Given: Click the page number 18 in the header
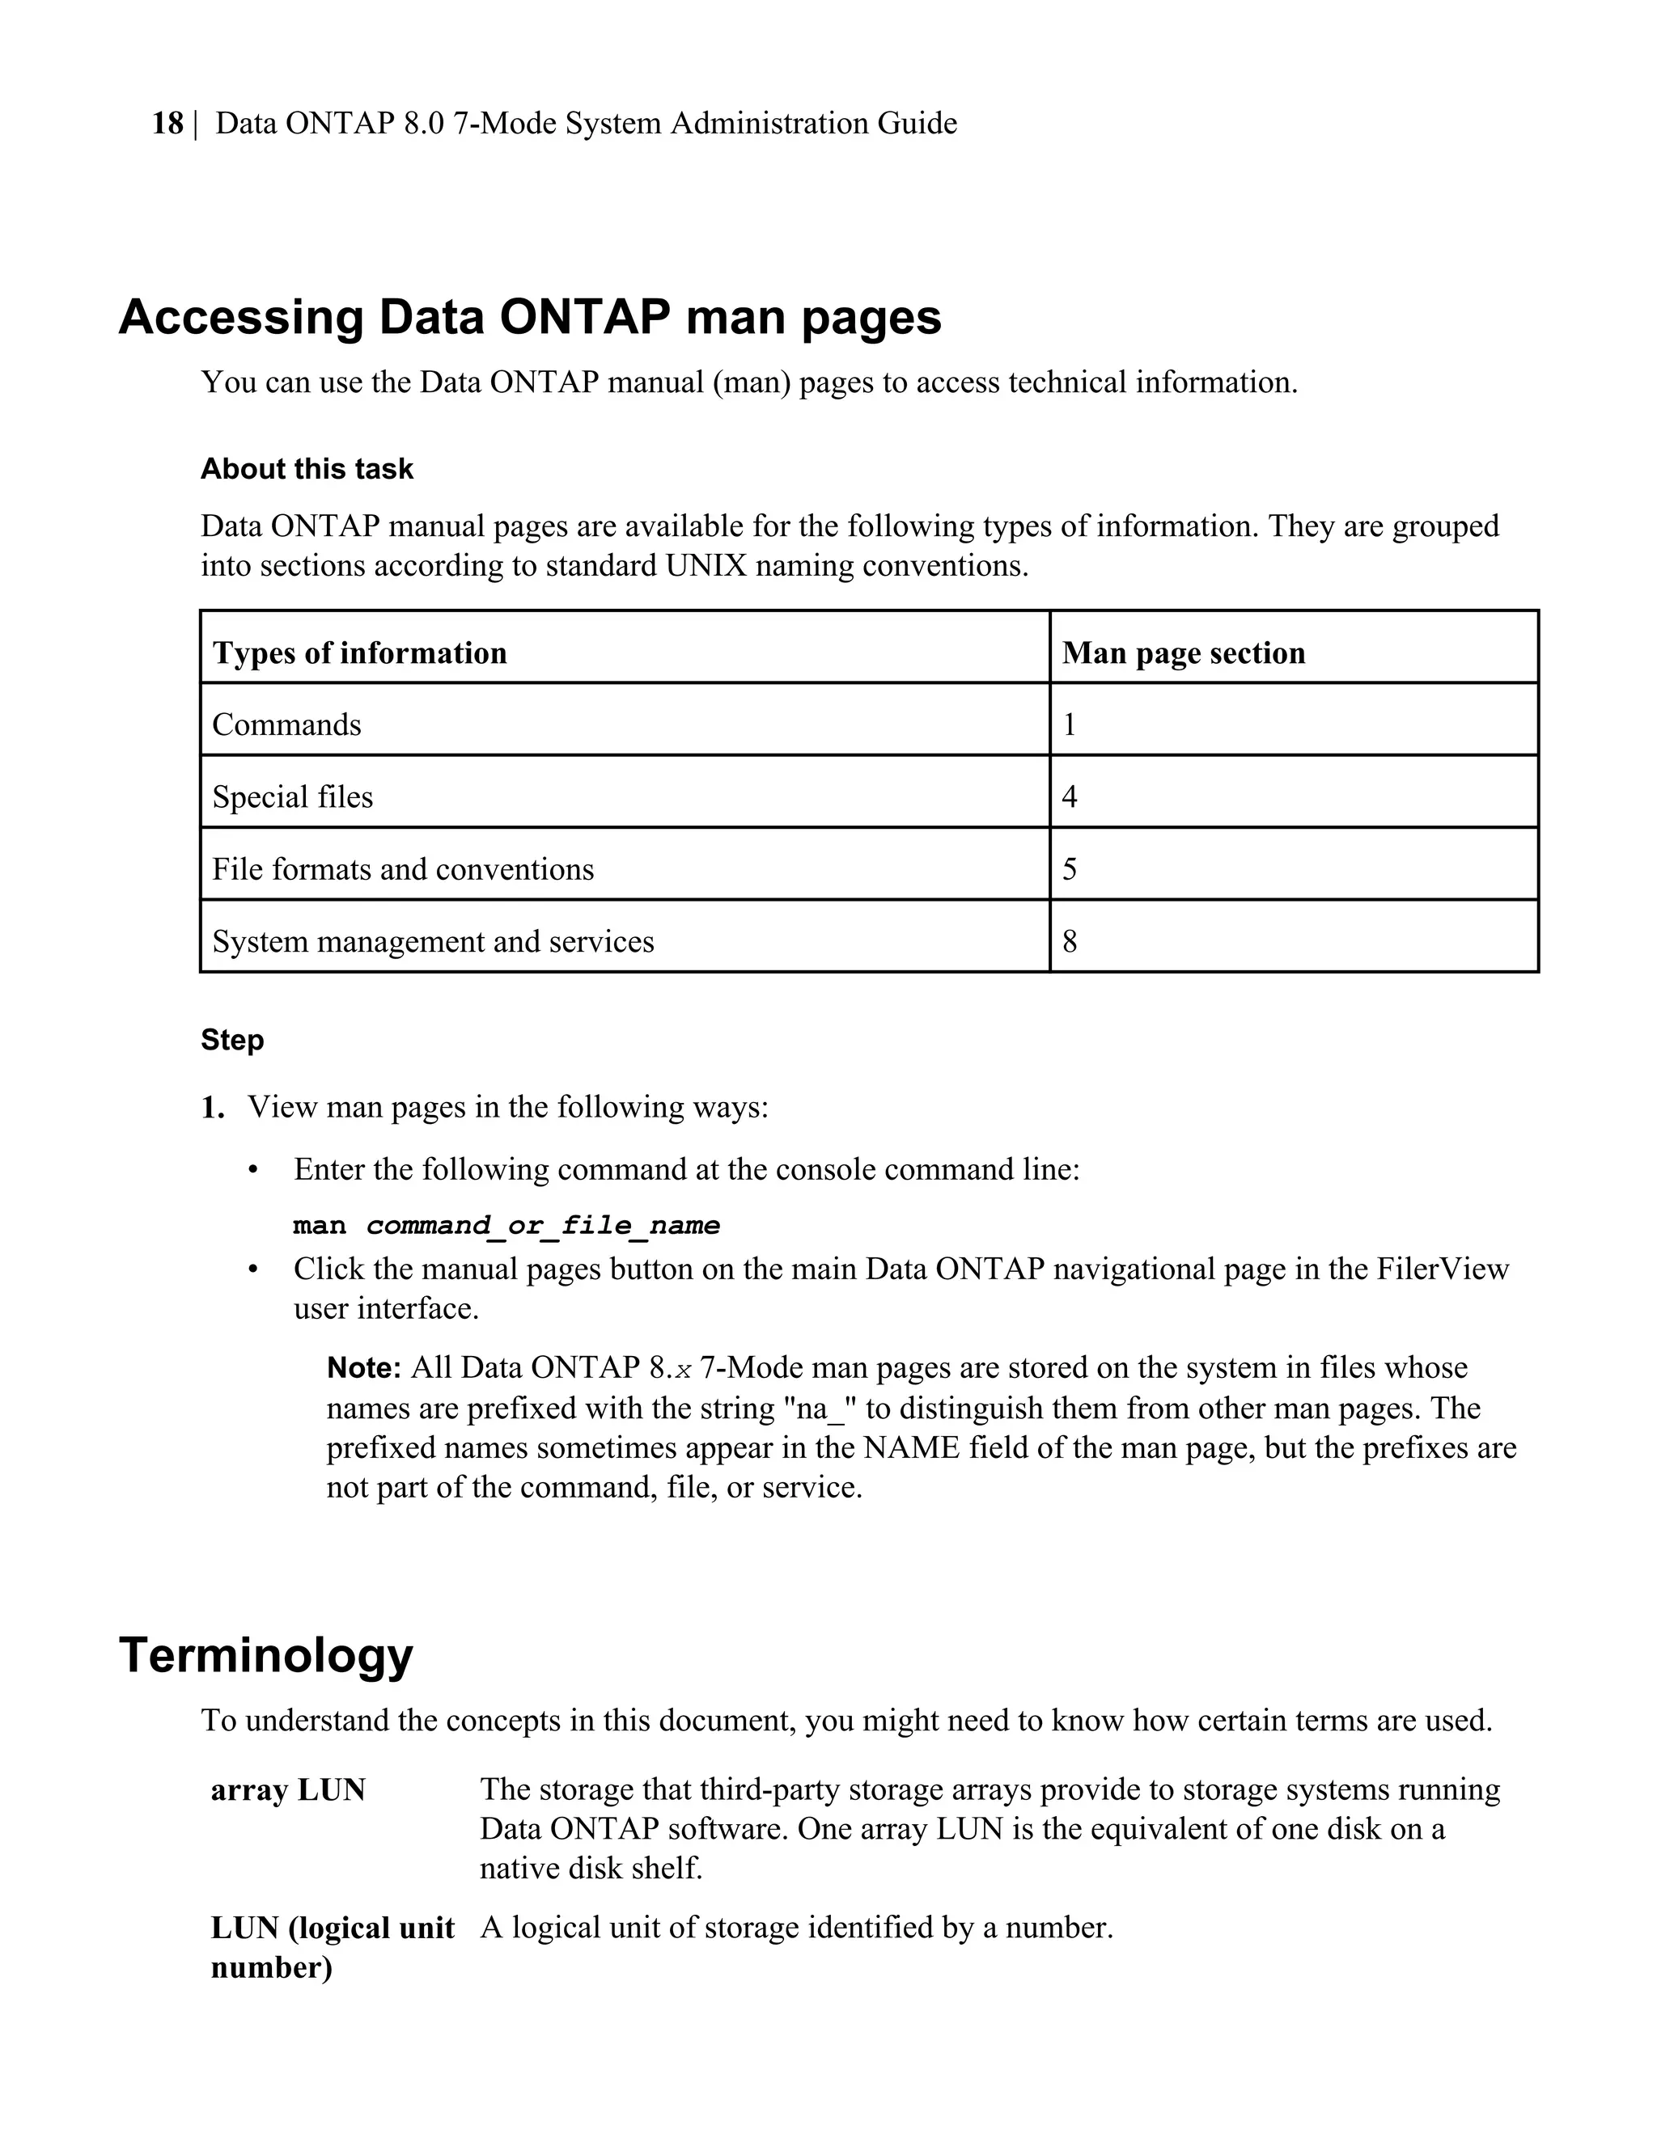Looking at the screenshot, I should pos(167,124).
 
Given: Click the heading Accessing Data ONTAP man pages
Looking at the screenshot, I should pos(530,317).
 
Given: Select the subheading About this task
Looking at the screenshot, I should pos(307,469).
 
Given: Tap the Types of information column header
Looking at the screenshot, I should pos(359,653).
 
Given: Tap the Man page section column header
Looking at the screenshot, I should pos(1182,653).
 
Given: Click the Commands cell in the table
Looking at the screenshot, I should pos(286,724).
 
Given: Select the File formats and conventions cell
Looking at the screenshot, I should pos(402,868).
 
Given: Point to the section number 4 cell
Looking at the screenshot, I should pos(1069,796).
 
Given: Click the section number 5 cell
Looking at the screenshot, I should pos(1069,868).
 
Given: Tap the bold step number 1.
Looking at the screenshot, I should pos(212,1108).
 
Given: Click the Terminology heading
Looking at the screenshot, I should pos(265,1654).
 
